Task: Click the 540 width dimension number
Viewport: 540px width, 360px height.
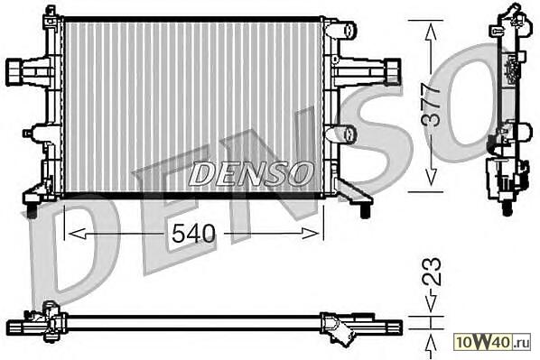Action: (x=193, y=233)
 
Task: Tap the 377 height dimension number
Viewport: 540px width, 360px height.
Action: (x=431, y=105)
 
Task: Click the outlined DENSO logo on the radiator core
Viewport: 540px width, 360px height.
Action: (x=251, y=172)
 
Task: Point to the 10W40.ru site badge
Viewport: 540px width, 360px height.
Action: (x=492, y=341)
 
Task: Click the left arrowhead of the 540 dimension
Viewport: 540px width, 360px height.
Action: (x=77, y=234)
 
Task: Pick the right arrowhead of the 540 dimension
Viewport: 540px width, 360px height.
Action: (x=310, y=234)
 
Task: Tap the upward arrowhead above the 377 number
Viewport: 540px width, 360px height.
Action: (x=431, y=33)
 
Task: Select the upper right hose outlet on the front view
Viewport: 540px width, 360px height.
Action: (x=341, y=29)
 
